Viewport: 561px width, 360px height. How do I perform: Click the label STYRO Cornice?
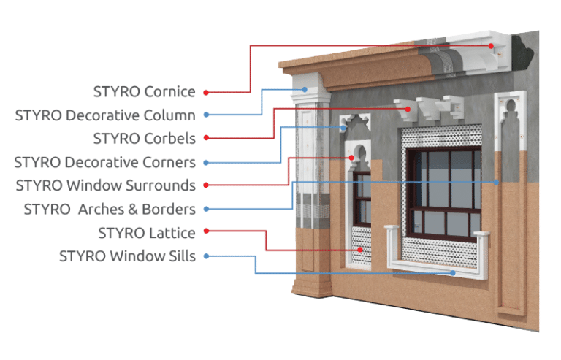(144, 92)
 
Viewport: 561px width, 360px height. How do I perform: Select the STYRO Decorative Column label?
(105, 115)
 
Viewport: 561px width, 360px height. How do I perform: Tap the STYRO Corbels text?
(144, 138)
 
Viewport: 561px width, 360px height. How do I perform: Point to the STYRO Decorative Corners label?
(105, 162)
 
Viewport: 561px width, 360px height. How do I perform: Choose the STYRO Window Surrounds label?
(106, 185)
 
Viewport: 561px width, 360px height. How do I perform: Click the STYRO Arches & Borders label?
(110, 210)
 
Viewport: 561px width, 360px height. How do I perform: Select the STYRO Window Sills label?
(127, 256)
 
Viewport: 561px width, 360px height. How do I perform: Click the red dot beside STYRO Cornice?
(206, 92)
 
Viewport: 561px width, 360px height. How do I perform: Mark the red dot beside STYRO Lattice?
(206, 231)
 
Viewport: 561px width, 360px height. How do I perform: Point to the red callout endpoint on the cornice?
(492, 45)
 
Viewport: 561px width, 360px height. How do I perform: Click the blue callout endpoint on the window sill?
(453, 273)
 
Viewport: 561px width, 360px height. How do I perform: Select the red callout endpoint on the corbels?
(411, 109)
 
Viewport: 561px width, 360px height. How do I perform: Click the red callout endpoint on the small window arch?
(352, 156)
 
